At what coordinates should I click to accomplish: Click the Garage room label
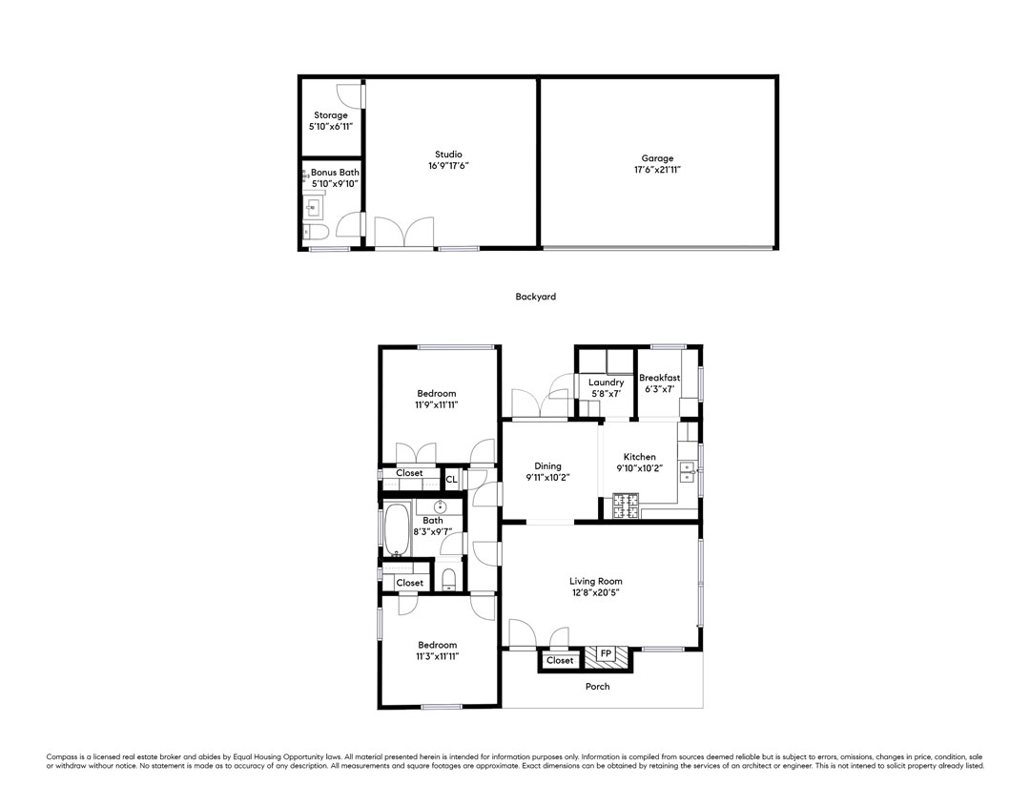point(657,158)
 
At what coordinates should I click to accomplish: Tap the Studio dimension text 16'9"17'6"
point(448,166)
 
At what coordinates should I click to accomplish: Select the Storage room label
point(330,115)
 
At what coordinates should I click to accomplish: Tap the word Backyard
point(535,297)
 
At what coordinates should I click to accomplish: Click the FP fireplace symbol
point(606,654)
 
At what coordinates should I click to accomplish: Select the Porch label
point(598,687)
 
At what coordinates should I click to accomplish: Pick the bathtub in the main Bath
point(397,529)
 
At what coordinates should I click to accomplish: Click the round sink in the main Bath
point(440,507)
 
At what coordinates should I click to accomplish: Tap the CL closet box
point(452,480)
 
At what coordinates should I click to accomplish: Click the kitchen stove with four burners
point(626,506)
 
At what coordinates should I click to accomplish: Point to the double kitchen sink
point(688,471)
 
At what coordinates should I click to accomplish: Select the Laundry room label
point(606,382)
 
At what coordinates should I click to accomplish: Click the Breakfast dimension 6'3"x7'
point(660,389)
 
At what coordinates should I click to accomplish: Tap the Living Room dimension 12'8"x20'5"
point(596,592)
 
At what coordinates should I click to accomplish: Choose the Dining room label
point(547,466)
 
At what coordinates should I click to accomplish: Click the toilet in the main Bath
point(449,579)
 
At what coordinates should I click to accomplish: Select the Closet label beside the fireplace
point(560,661)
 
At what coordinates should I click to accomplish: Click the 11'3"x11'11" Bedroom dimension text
point(437,656)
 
